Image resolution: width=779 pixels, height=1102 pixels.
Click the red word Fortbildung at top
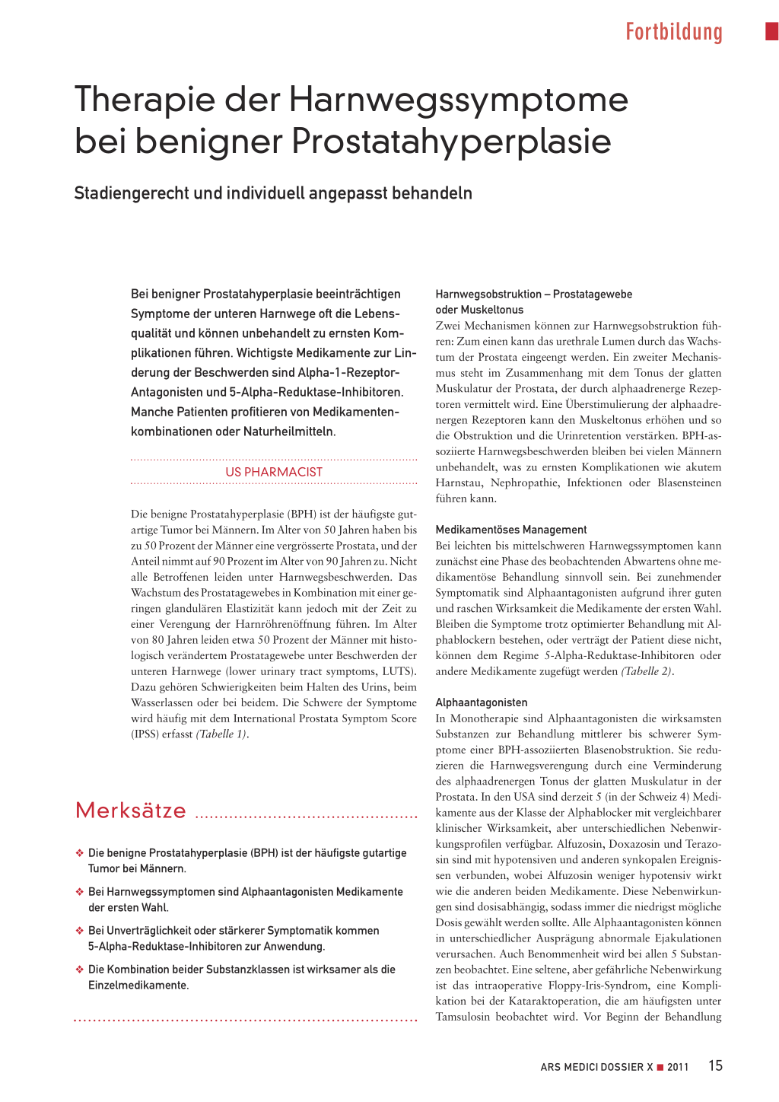[x=673, y=32]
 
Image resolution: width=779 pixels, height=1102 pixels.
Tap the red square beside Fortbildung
[x=771, y=31]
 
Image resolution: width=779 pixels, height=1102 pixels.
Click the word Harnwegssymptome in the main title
[x=459, y=100]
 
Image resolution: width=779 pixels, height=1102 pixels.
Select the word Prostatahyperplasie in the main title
[x=451, y=142]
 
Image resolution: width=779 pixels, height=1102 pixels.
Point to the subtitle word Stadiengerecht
[x=131, y=193]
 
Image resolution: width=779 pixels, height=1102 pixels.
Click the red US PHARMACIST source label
[x=274, y=472]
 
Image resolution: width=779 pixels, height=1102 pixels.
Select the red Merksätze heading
[x=131, y=811]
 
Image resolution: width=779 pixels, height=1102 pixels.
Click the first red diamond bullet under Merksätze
[x=79, y=853]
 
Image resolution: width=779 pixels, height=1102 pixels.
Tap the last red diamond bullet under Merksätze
[x=79, y=970]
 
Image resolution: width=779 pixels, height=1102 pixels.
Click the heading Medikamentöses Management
[x=511, y=530]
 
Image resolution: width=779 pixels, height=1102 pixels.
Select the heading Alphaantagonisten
[x=482, y=702]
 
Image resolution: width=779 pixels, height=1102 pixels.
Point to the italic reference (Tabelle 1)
[x=221, y=734]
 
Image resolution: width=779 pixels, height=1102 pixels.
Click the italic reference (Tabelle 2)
[x=647, y=671]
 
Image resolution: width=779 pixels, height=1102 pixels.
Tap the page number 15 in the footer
[x=715, y=1065]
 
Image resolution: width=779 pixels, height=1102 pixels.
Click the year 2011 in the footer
[x=678, y=1067]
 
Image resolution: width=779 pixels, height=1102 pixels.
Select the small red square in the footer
[x=660, y=1067]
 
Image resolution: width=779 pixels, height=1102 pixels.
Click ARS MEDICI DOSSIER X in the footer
[x=596, y=1067]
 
